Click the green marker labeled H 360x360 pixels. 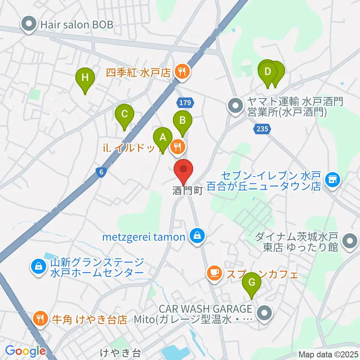tap(85, 78)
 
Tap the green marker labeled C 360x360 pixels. tap(124, 114)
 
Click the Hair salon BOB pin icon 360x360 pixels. tap(29, 24)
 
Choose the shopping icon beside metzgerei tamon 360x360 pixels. tap(196, 237)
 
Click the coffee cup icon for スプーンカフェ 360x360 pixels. tap(214, 273)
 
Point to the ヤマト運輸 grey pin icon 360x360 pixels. tap(235, 106)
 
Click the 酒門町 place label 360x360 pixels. tap(187, 191)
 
